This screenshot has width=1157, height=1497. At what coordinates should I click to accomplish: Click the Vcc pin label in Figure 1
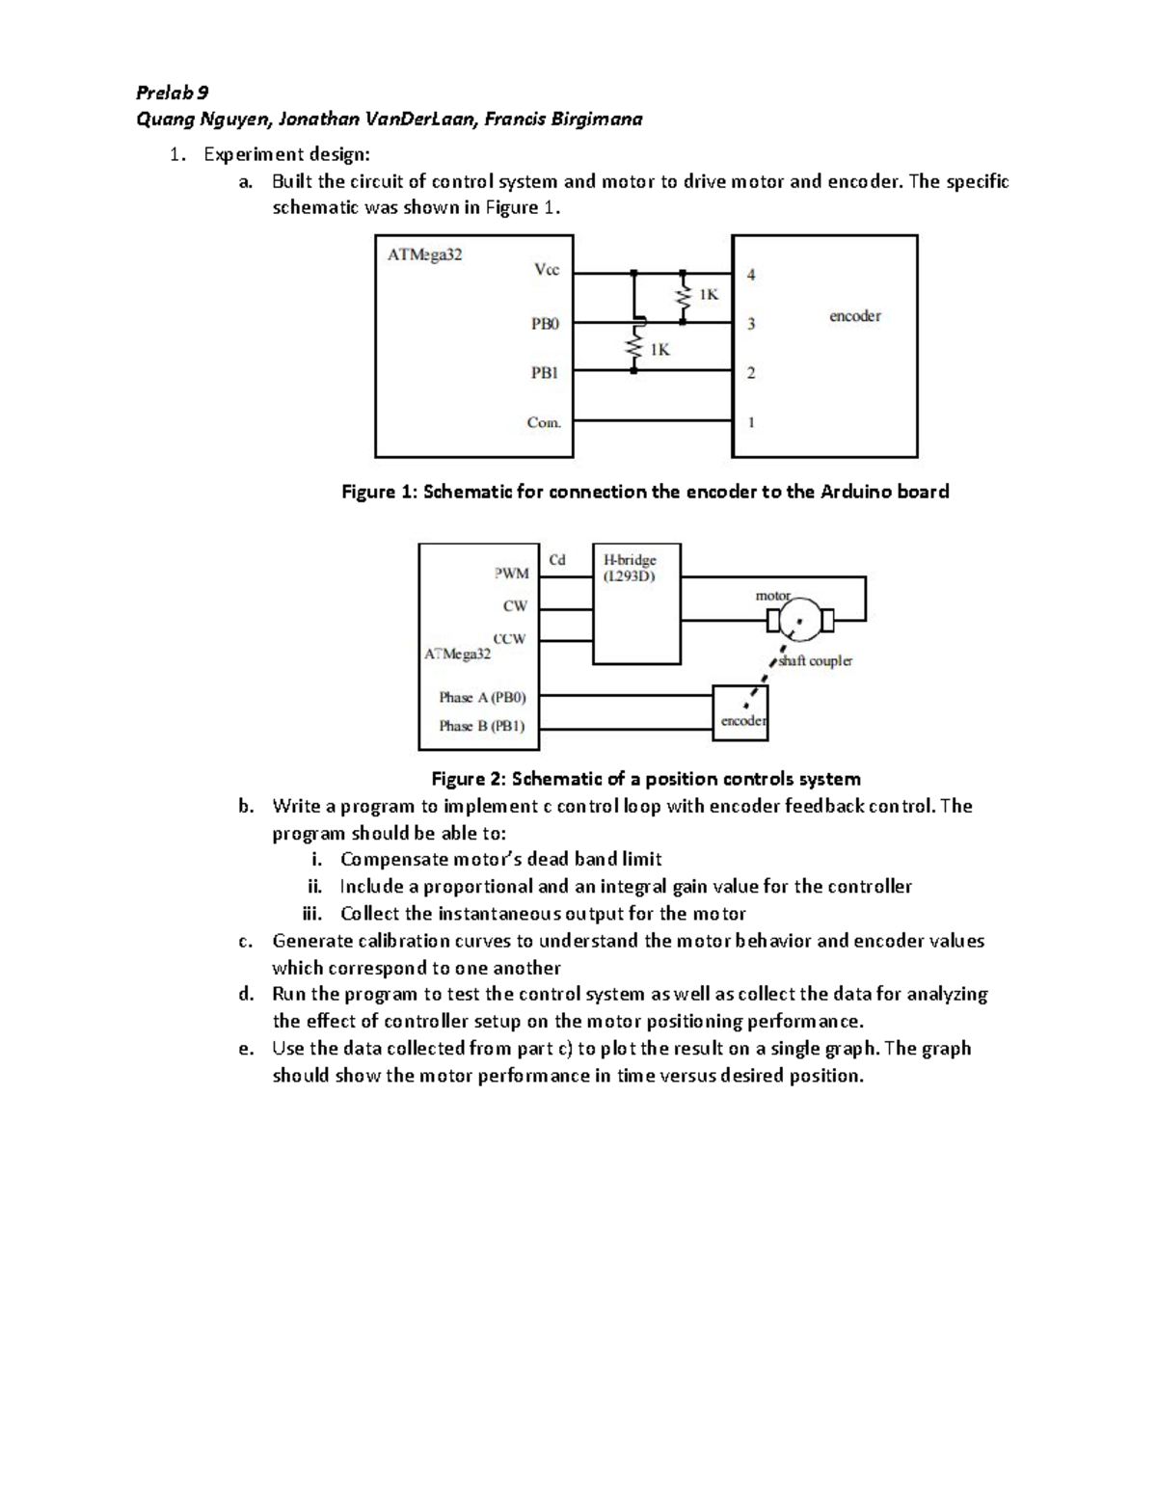[546, 271]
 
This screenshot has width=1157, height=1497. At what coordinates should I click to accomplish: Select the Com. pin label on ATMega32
[544, 421]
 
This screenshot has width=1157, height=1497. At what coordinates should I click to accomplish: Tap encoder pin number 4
[752, 275]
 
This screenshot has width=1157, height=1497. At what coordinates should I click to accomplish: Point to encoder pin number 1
[752, 421]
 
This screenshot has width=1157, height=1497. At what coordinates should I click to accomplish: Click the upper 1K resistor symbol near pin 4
[684, 299]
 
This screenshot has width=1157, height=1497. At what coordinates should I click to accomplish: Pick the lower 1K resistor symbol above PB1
[634, 348]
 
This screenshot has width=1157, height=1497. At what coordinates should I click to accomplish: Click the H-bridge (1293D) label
[630, 567]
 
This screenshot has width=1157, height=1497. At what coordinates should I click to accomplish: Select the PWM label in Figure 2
[511, 574]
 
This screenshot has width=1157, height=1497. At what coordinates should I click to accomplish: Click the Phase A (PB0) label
[482, 697]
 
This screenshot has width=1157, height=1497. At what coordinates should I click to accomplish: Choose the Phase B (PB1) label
[482, 726]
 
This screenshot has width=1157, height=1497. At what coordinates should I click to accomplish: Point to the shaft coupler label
[815, 661]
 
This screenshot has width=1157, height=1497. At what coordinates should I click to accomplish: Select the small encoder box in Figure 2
[740, 712]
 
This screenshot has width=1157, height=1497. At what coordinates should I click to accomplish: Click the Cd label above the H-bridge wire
[557, 559]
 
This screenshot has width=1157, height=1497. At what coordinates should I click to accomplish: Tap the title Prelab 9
[174, 93]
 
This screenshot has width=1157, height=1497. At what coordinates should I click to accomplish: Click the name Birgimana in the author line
[597, 120]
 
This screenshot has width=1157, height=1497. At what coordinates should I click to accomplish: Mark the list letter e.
[246, 1049]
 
